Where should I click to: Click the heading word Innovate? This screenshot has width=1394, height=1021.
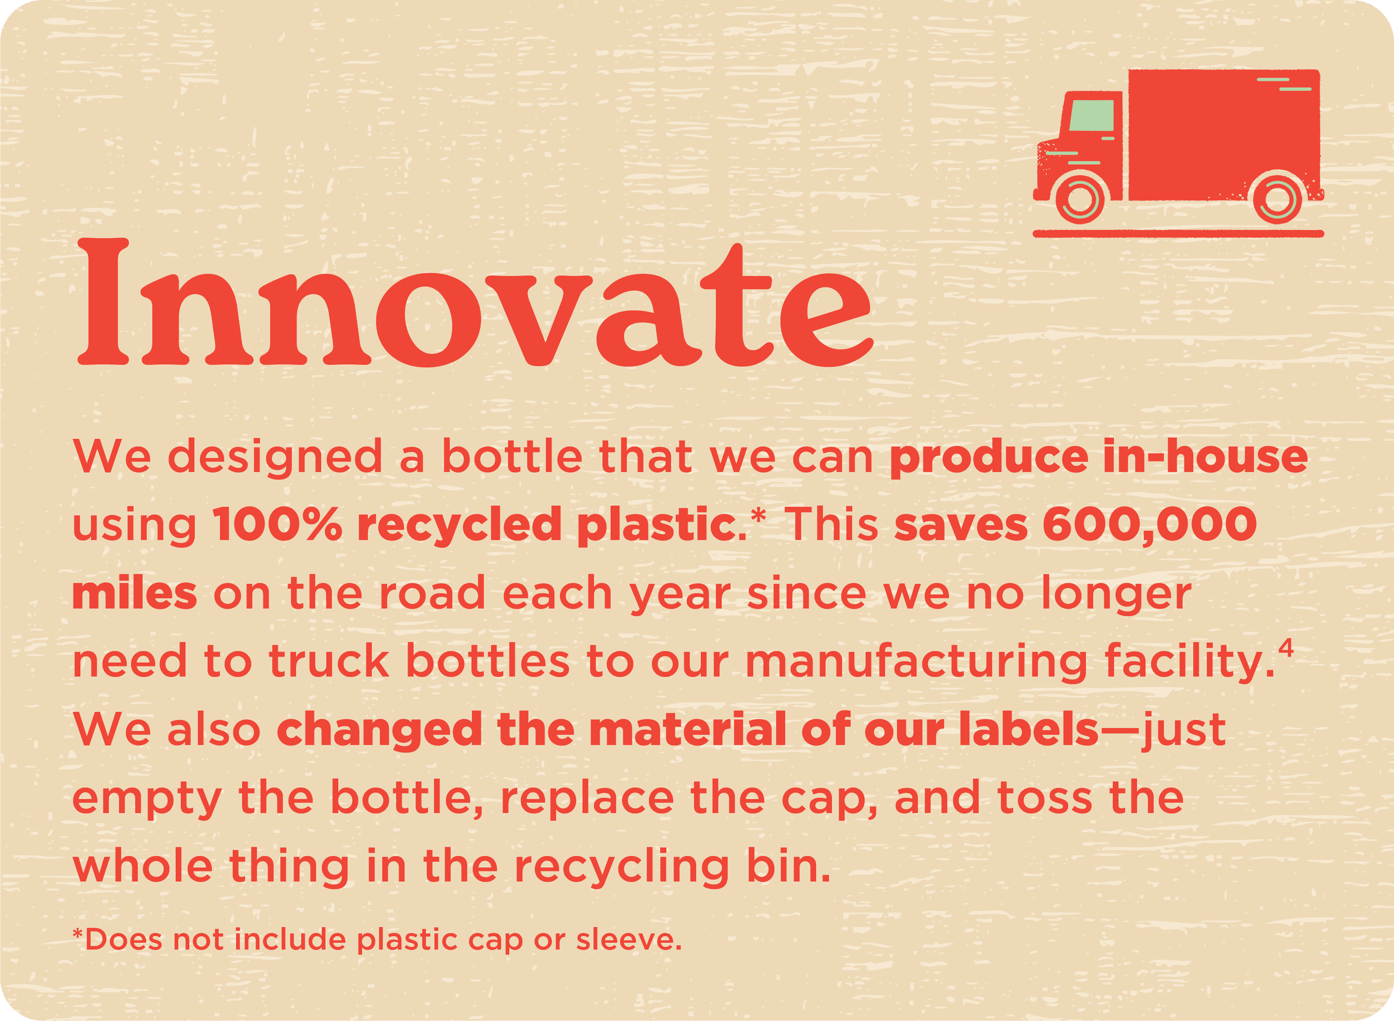pos(474,303)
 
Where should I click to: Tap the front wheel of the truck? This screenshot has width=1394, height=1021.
pos(1080,198)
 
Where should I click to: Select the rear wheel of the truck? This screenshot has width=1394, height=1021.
pos(1278,198)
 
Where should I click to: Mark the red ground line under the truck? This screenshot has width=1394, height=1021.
pos(1178,234)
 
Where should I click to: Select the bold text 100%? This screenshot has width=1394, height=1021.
pos(277,524)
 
